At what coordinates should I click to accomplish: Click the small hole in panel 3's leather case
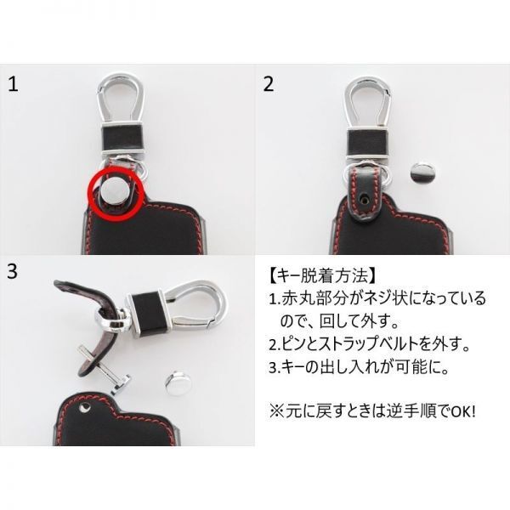pyautogui.click(x=85, y=410)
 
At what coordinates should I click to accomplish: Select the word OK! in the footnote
pyautogui.click(x=459, y=411)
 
